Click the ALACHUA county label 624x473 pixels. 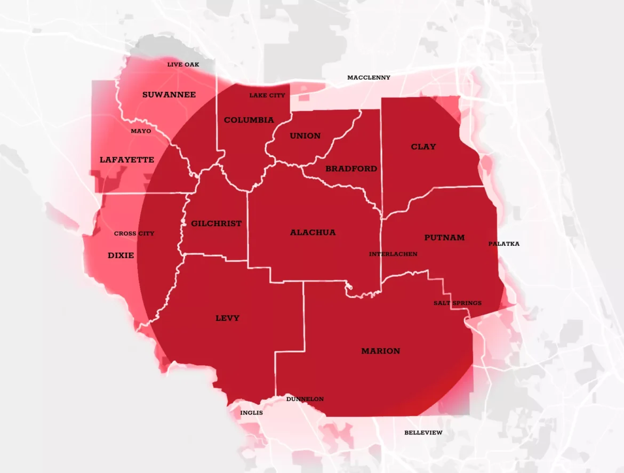313,233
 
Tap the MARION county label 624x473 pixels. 380,351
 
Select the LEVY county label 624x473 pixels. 227,318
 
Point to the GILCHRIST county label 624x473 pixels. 216,223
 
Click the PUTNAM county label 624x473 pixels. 444,237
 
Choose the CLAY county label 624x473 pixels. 423,147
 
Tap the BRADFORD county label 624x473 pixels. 351,169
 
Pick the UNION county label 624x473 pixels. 305,136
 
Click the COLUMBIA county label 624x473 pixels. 249,120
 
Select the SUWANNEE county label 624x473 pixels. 169,95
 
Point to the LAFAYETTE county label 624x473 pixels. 127,159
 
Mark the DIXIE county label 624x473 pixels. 121,255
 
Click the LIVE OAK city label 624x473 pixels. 183,65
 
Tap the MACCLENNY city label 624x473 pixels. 369,78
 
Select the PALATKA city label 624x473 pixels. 503,244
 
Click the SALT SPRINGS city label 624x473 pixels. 457,303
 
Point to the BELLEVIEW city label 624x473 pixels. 423,432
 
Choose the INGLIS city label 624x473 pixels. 251,413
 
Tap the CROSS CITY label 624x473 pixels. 134,234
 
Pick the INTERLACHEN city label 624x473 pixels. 393,254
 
